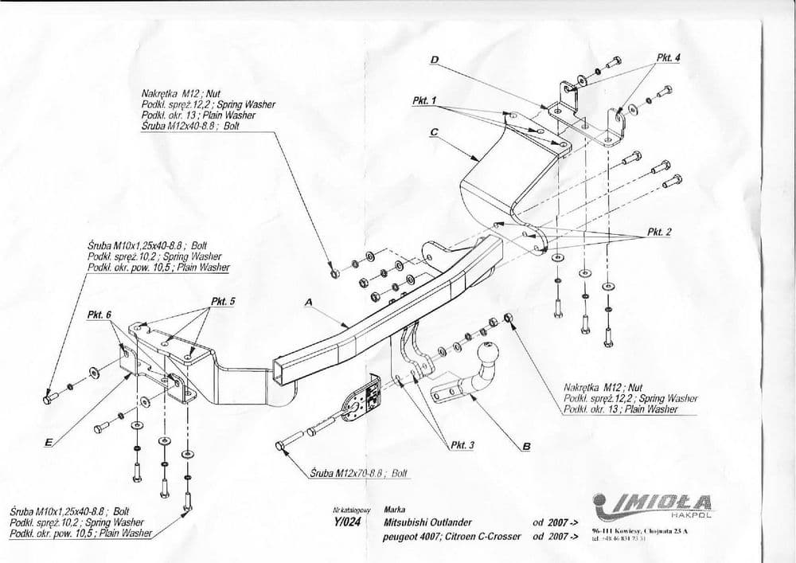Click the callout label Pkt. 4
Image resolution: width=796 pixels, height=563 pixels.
point(668,57)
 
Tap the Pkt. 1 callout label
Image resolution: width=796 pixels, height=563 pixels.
point(424,101)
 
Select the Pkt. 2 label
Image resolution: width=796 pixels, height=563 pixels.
point(659,232)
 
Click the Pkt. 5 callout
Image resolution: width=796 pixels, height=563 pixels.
point(223,301)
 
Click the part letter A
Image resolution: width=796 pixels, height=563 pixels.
point(309,302)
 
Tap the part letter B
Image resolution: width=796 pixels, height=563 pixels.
point(525,447)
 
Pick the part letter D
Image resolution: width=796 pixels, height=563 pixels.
point(435,60)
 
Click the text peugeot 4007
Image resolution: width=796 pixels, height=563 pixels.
point(407,537)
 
